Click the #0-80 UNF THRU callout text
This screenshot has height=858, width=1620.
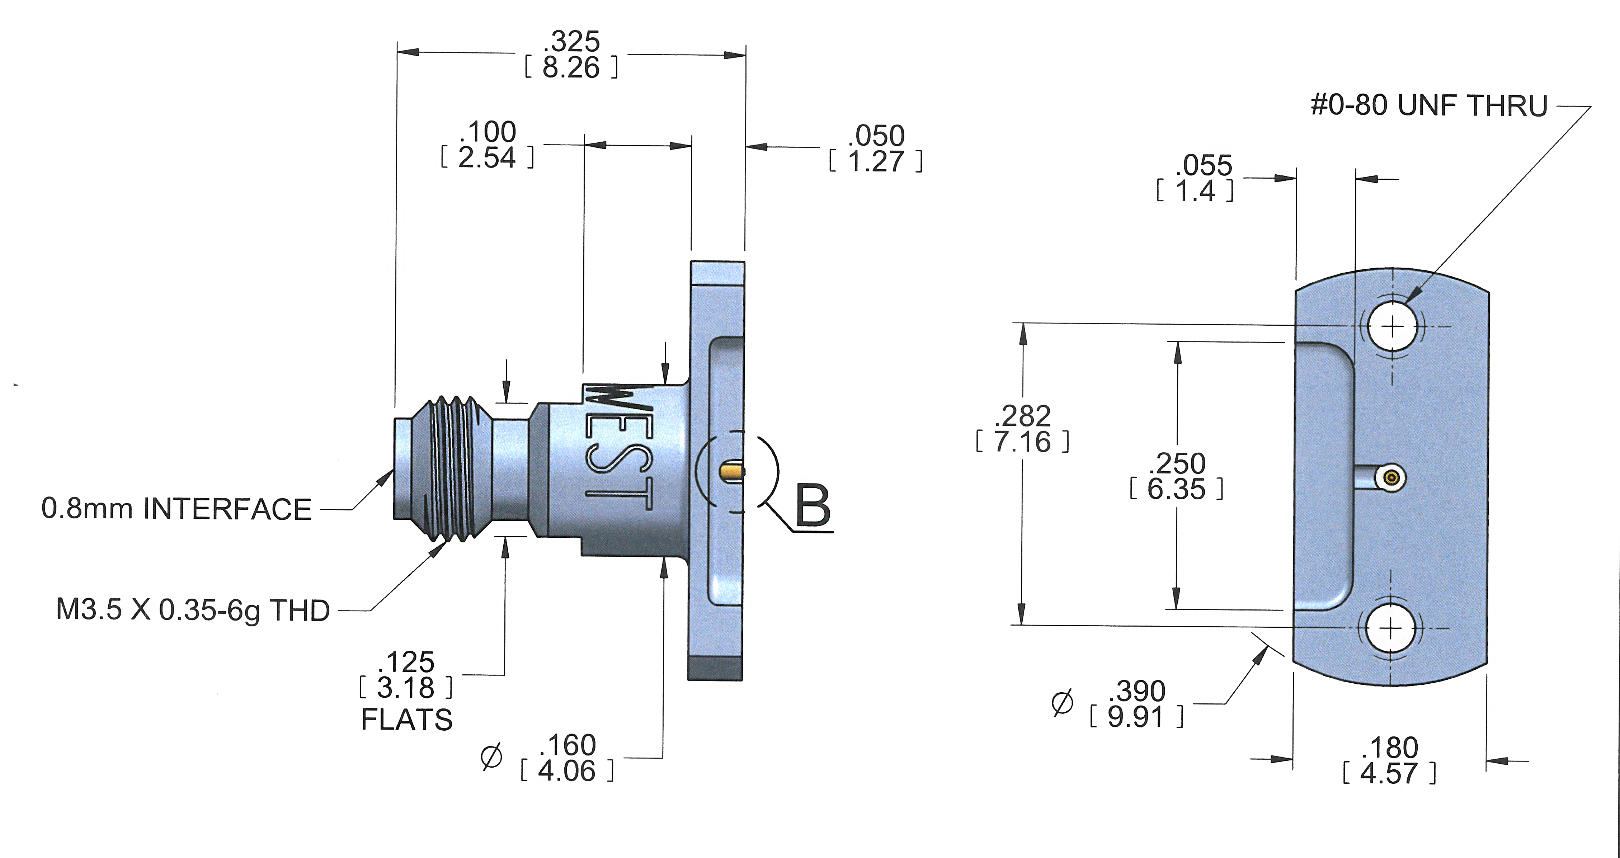coord(1428,106)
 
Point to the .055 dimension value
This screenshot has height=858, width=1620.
coord(1203,165)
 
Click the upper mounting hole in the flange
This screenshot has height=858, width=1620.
coord(1393,326)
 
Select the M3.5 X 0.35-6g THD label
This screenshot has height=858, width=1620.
coord(193,610)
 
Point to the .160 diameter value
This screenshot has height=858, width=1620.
coord(568,745)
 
